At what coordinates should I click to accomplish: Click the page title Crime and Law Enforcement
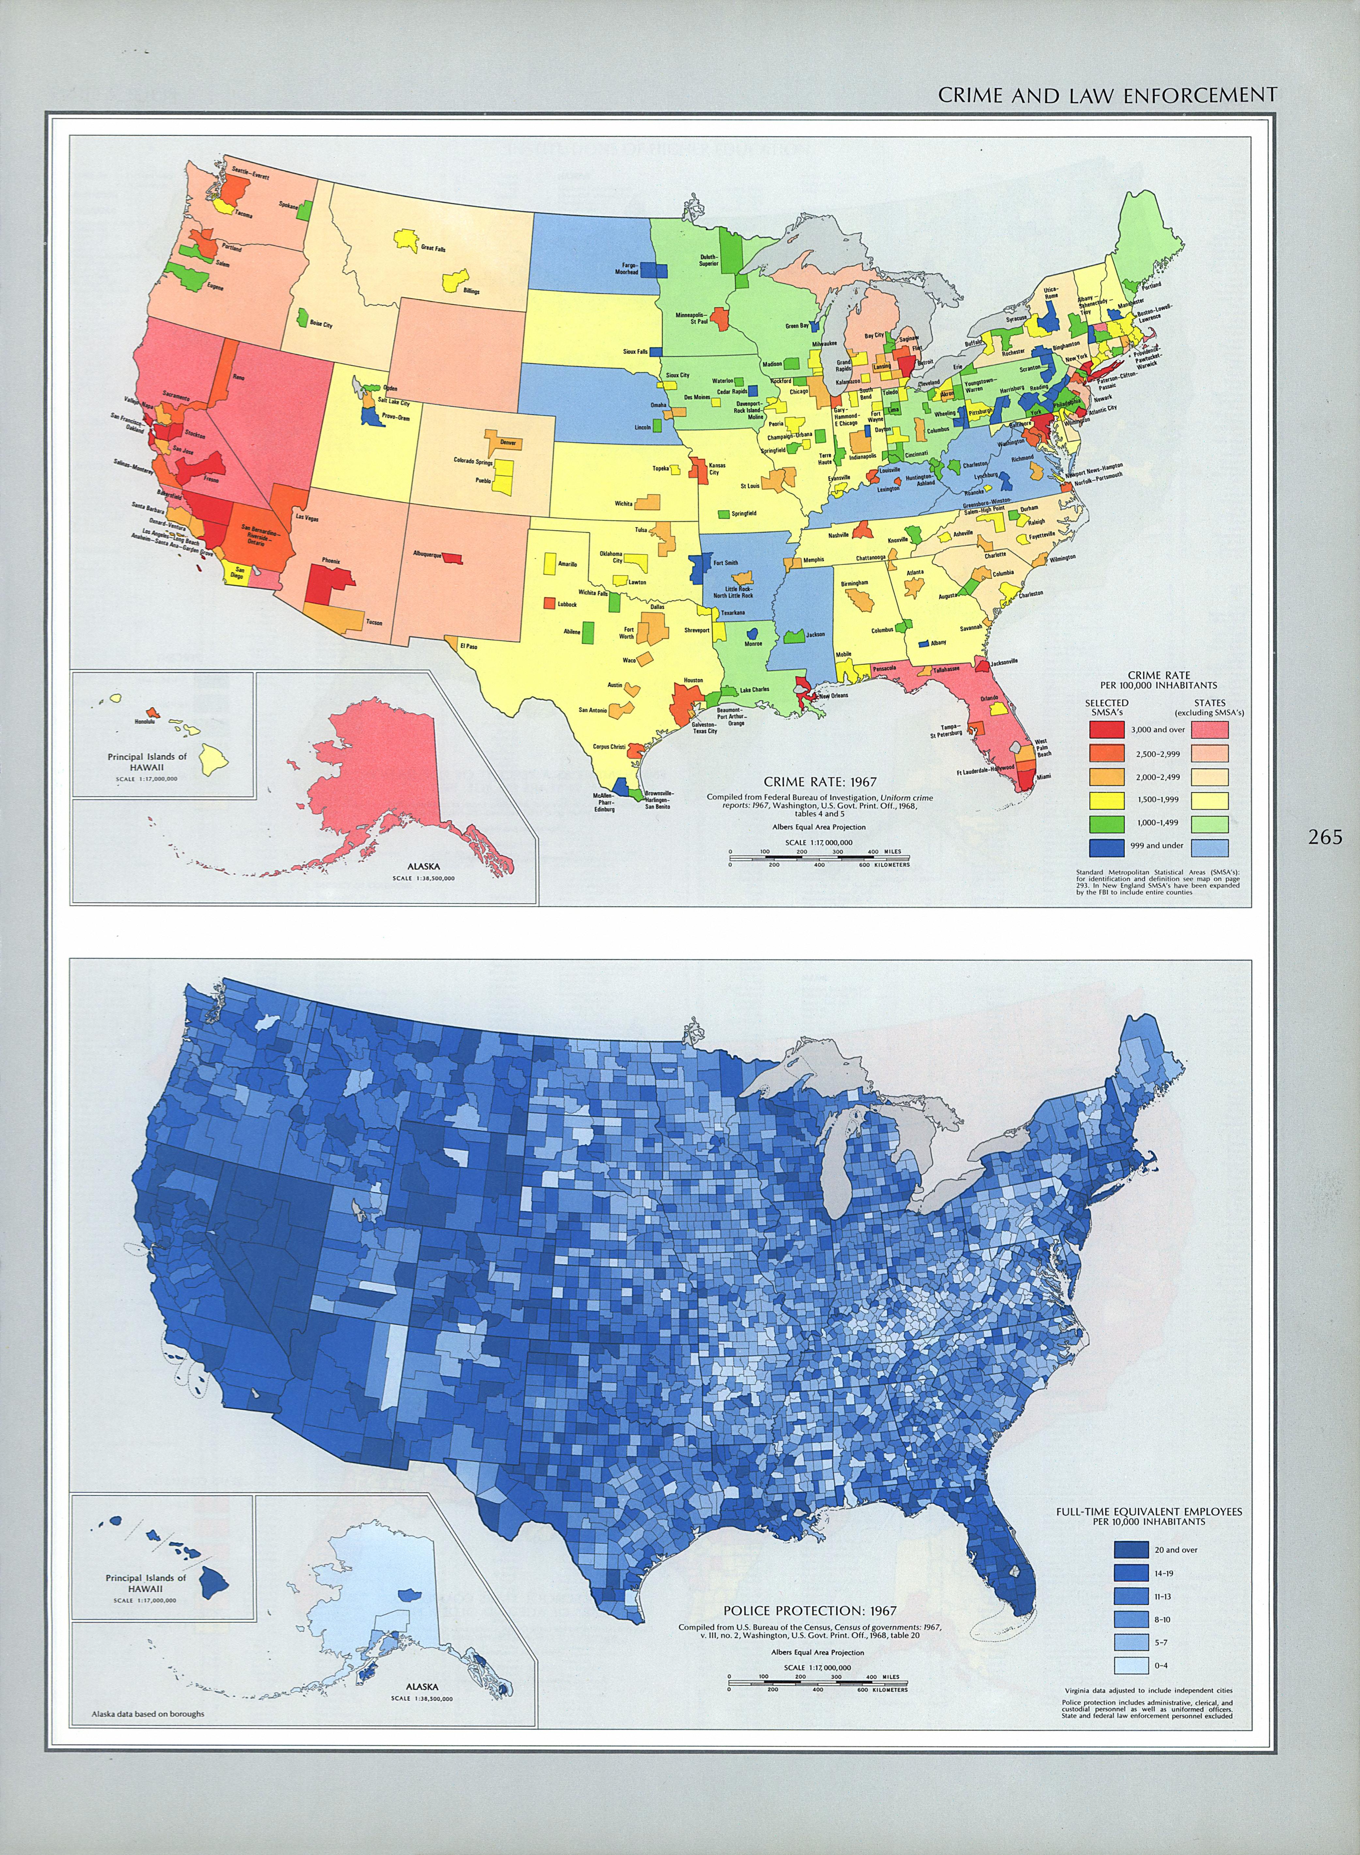[1107, 95]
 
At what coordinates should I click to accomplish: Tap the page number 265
[1325, 837]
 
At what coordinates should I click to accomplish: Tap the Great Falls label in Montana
[433, 248]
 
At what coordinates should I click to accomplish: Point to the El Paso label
[468, 646]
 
